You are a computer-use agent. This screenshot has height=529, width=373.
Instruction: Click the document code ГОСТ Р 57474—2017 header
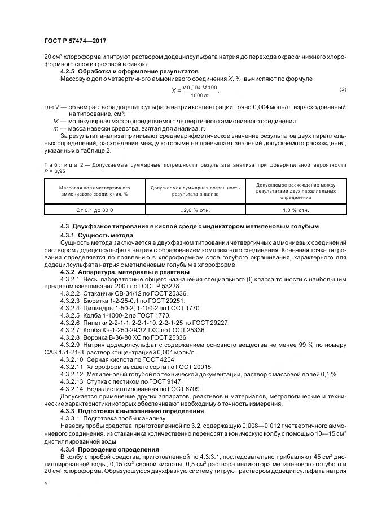click(x=75, y=41)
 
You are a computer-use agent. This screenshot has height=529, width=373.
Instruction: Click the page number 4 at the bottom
click(x=45, y=484)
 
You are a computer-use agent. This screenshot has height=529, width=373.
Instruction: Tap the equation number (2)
click(x=343, y=89)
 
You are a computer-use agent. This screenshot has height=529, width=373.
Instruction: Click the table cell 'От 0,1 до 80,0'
click(x=95, y=210)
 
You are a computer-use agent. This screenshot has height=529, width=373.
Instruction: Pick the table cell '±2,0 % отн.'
click(x=195, y=210)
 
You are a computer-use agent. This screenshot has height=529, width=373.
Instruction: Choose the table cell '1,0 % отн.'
click(x=296, y=210)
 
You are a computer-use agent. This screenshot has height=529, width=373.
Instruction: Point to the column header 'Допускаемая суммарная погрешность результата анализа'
click(x=195, y=190)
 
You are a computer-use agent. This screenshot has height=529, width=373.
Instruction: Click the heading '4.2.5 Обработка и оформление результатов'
click(x=129, y=72)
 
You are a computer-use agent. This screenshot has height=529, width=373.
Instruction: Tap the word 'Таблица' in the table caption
click(x=59, y=165)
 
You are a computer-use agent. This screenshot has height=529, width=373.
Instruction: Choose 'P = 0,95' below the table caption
click(x=57, y=171)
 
